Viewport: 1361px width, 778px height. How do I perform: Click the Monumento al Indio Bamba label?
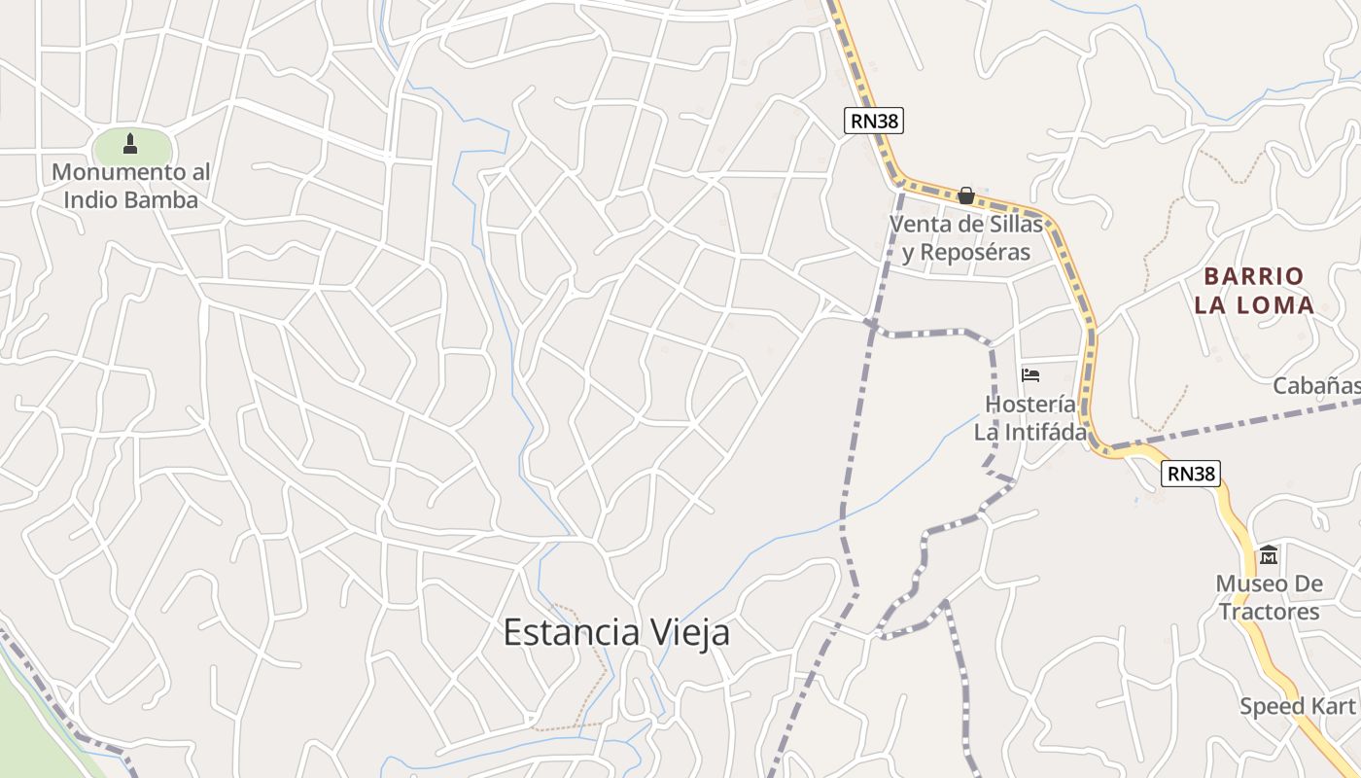coord(130,186)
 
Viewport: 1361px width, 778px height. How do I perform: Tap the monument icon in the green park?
coord(130,145)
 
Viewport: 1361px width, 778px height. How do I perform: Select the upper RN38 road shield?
coord(873,121)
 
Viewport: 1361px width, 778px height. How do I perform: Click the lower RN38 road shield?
coord(1190,474)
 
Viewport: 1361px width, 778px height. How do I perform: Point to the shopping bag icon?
coord(965,195)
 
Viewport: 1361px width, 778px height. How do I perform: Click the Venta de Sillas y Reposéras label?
coord(965,238)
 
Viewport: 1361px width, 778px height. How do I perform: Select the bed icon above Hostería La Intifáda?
coord(1030,375)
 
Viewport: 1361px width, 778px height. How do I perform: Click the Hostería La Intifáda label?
coord(1030,418)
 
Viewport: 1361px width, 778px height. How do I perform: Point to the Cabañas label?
coord(1317,386)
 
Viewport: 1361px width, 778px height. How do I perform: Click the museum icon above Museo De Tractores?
coord(1269,555)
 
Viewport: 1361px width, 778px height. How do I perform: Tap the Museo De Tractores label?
coord(1269,598)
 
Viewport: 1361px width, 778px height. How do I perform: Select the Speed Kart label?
coord(1297,706)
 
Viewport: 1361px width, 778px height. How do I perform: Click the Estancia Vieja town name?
coord(616,633)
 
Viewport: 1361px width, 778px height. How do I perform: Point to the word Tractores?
coord(1269,612)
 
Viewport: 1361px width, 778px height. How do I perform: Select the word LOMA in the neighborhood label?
coord(1274,305)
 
